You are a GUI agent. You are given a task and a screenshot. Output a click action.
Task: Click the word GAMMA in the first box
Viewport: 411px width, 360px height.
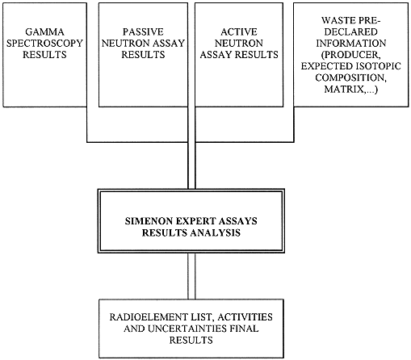pyautogui.click(x=44, y=31)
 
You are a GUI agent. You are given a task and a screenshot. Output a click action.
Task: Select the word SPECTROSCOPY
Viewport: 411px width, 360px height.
pyautogui.click(x=44, y=44)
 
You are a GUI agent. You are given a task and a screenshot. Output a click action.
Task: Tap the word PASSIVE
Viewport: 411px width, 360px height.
pyautogui.click(x=143, y=31)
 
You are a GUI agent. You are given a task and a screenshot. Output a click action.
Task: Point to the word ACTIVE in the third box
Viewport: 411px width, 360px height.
pyautogui.click(x=239, y=31)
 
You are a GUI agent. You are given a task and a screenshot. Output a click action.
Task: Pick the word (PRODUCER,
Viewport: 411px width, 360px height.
pyautogui.click(x=351, y=55)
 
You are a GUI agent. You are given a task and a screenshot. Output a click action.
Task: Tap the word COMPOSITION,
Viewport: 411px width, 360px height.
pyautogui.click(x=351, y=77)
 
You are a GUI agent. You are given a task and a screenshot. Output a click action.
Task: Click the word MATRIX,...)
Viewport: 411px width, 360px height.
pyautogui.click(x=351, y=89)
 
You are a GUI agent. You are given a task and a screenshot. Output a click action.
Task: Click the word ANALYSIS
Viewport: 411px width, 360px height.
pyautogui.click(x=216, y=232)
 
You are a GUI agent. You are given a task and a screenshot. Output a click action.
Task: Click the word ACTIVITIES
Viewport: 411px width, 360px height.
pyautogui.click(x=245, y=317)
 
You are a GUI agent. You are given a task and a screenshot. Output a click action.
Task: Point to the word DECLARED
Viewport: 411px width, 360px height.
pyautogui.click(x=351, y=31)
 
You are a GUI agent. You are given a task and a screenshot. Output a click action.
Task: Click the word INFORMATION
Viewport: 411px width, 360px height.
pyautogui.click(x=351, y=44)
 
